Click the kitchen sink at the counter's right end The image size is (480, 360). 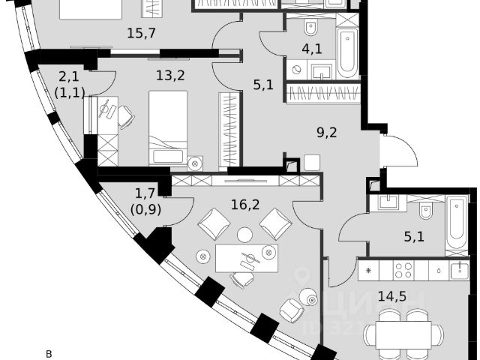pos(457,269)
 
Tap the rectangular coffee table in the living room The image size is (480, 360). pos(246,258)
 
